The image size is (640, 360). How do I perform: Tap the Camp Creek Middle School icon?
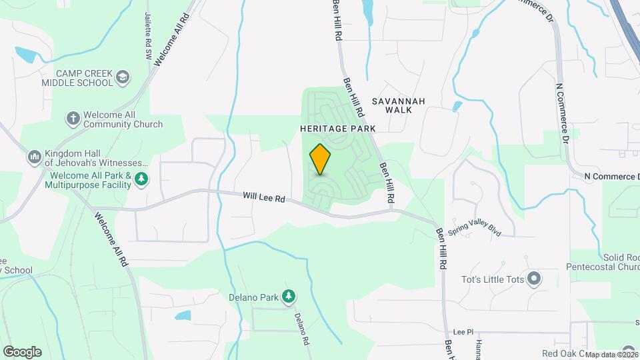tap(123, 78)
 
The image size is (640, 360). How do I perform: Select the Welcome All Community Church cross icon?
tap(73, 119)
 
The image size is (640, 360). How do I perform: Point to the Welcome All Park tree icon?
tap(141, 179)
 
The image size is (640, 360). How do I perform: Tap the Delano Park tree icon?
tap(289, 296)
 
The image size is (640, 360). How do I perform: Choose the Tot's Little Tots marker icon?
tap(533, 279)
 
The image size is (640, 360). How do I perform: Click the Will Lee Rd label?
tap(264, 198)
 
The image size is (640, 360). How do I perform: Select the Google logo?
tap(21, 352)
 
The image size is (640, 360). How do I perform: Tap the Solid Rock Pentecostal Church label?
tap(603, 262)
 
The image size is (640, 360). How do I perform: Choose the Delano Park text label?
tap(252, 297)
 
